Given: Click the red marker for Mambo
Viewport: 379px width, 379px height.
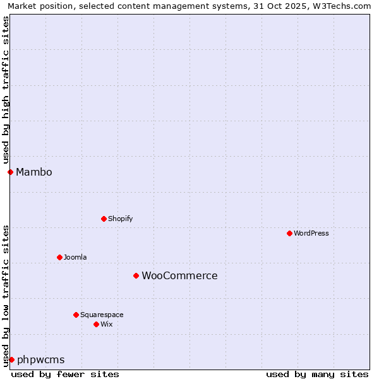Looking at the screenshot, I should point(10,172).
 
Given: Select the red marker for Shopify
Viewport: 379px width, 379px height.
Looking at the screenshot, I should point(104,219).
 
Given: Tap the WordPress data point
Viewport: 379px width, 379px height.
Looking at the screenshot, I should point(289,233).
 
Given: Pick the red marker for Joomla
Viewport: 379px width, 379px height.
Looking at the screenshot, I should point(59,257).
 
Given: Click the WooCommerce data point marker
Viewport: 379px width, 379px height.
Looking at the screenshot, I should point(136,275).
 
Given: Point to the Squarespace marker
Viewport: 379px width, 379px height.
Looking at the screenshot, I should point(76,315).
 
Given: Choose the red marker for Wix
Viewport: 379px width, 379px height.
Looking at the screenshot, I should point(96,324).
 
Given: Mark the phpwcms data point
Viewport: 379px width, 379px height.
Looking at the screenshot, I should point(11,359).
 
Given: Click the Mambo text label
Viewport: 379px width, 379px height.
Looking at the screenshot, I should point(34,172).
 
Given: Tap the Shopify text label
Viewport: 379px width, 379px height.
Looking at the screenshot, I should point(120,219).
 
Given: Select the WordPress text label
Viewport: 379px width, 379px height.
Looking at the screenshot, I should point(311,233).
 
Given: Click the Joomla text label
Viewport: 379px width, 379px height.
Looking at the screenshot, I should point(75,257).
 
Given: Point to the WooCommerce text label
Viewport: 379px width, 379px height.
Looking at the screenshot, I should point(179,275).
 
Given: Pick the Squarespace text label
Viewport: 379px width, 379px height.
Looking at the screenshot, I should point(102,315).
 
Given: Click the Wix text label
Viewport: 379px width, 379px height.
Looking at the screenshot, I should point(106,324).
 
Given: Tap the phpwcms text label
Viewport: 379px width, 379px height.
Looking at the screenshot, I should point(41,359).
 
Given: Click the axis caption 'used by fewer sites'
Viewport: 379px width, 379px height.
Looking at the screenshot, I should point(65,374).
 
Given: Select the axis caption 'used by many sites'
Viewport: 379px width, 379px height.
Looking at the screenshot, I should point(317,374).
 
